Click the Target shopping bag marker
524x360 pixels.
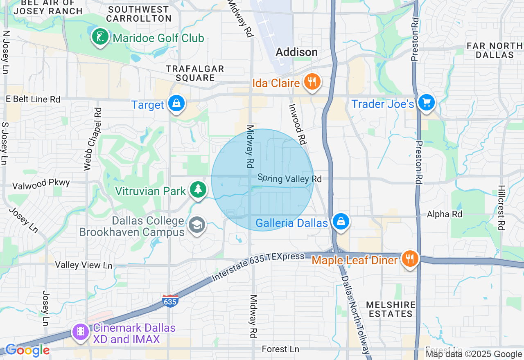pos(176,104)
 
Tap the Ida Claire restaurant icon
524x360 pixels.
pos(312,82)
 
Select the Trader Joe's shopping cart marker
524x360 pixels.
pos(427,102)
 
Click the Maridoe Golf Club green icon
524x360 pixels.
pos(100,37)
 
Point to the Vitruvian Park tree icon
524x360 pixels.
pos(198,190)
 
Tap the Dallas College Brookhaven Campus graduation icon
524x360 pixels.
pos(197,225)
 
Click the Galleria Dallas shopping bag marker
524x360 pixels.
pos(341,222)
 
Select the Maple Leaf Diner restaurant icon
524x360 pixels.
pos(409,259)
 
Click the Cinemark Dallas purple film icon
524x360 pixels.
pos(81,331)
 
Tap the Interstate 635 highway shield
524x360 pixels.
pos(170,301)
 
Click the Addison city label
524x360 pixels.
pos(297,52)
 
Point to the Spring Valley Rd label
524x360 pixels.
pos(289,178)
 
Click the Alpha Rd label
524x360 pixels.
pos(444,214)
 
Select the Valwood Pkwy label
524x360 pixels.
pos(41,184)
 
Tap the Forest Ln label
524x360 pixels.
pos(280,349)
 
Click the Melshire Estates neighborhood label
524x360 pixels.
pos(391,309)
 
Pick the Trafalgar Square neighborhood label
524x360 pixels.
pos(195,73)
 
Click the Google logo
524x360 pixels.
pos(27,351)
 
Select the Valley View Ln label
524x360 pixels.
pos(84,265)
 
